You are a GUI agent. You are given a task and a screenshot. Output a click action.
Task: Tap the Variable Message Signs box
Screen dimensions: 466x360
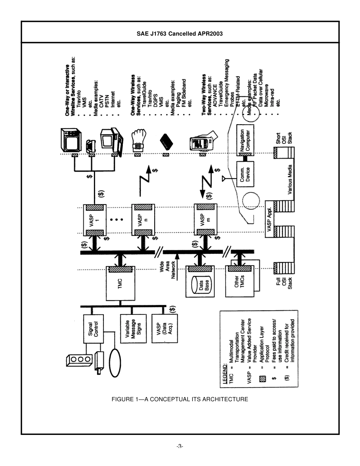[x=133, y=328]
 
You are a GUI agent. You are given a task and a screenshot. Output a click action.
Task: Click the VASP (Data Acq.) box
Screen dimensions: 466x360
[x=164, y=328]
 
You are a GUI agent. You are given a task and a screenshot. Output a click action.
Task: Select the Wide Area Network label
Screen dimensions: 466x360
[x=167, y=269]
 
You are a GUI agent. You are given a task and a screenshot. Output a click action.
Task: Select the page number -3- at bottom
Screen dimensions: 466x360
[x=180, y=446]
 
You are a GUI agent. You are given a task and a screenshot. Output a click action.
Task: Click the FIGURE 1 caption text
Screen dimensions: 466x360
[x=180, y=399]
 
